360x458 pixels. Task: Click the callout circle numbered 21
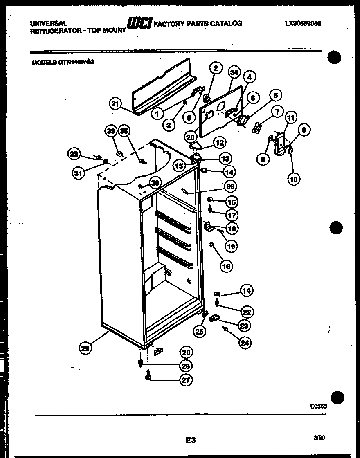115,104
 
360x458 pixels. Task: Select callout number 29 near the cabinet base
85,348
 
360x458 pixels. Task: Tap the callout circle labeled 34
234,73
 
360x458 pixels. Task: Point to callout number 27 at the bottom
186,379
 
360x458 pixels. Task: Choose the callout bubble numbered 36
231,186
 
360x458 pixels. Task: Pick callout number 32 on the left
74,154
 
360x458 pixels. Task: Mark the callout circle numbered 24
245,343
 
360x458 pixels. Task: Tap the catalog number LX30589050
303,24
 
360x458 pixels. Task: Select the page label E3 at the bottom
190,440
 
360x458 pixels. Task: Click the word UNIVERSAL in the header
49,24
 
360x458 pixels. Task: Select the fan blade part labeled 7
257,128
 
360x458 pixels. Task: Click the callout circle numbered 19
231,246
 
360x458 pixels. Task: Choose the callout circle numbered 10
293,178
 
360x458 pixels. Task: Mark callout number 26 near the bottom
186,352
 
